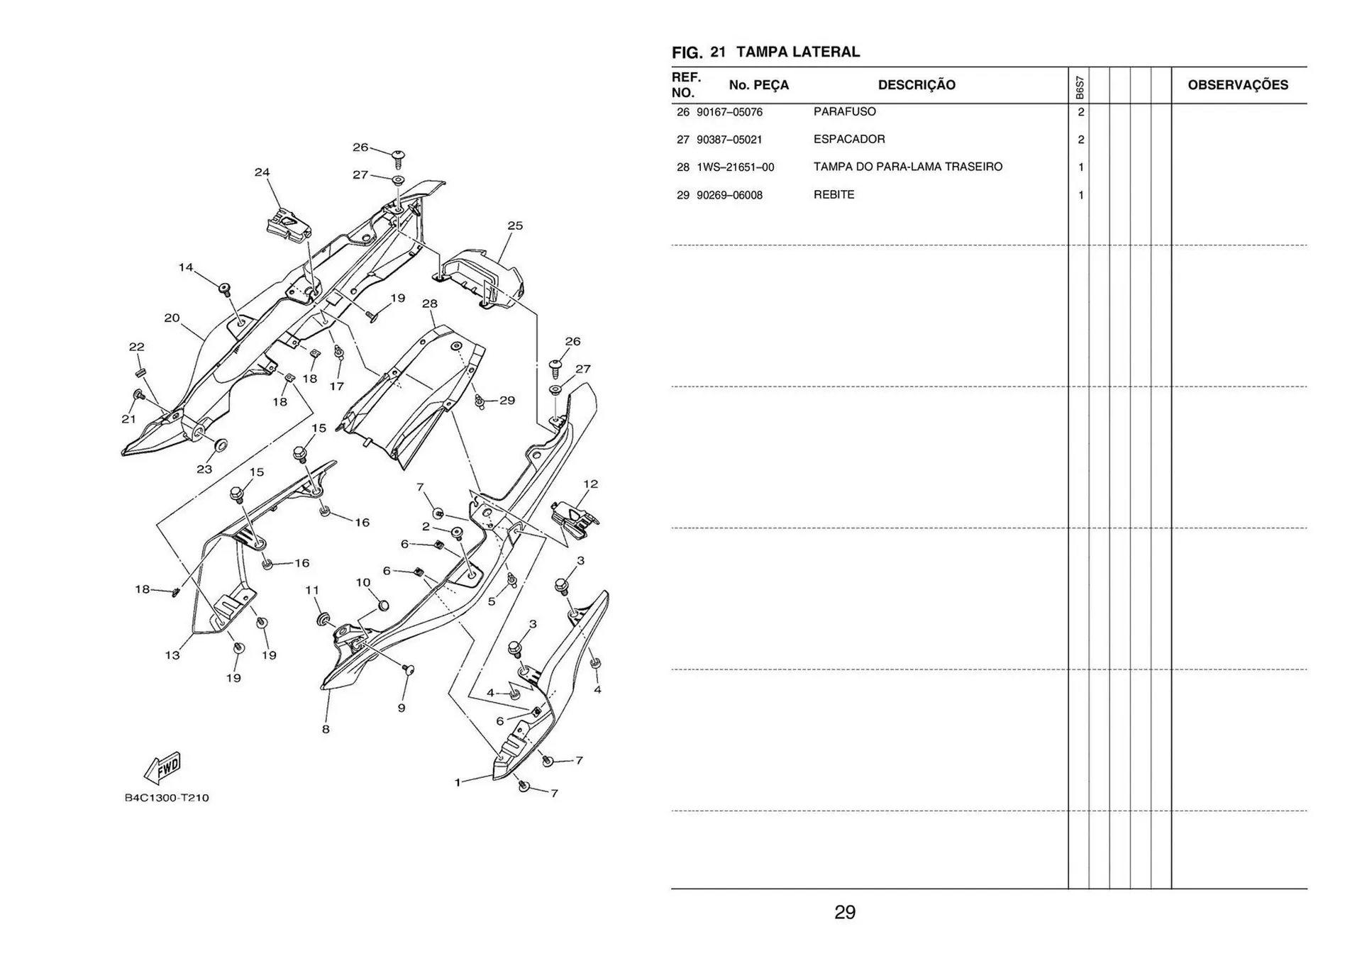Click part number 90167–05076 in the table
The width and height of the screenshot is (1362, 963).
[729, 112]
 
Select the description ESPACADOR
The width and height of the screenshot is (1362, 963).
[849, 139]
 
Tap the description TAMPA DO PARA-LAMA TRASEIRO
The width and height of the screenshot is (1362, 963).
[908, 167]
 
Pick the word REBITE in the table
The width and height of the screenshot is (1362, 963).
[834, 194]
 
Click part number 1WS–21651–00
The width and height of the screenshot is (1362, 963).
[735, 167]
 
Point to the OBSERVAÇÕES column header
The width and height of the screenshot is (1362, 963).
[1238, 85]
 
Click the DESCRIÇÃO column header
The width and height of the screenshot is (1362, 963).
[917, 85]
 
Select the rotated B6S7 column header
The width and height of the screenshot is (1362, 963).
[1079, 87]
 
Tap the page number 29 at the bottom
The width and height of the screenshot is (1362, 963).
[845, 912]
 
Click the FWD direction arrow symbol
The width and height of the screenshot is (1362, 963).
[163, 768]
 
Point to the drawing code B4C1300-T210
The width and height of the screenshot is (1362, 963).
[167, 798]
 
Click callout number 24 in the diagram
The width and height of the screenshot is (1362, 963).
[262, 172]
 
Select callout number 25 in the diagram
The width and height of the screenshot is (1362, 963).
[515, 226]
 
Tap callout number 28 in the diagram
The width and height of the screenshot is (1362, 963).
[430, 304]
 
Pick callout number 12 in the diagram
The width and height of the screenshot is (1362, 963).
[590, 484]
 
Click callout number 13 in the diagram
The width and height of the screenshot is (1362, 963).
[172, 655]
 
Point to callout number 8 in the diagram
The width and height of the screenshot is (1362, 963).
[326, 729]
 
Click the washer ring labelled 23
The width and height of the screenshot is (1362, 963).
[221, 445]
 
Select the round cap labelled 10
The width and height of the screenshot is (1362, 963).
[383, 605]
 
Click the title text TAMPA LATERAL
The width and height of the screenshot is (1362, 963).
[798, 52]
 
